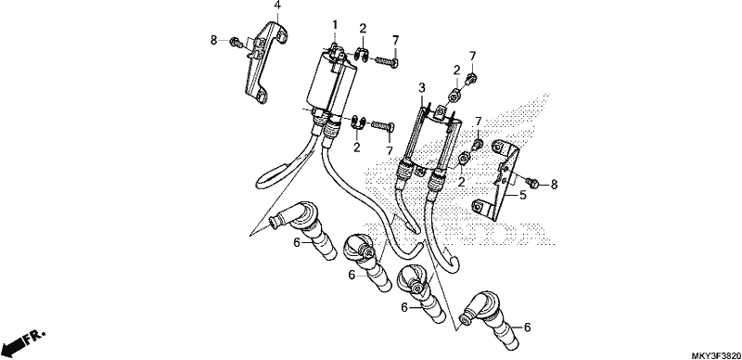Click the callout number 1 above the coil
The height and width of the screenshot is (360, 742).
point(335,25)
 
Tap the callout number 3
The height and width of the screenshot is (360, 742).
point(422,87)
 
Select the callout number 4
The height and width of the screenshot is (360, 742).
point(277,6)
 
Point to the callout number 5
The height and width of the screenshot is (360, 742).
point(523,195)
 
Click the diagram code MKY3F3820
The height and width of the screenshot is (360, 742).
point(715,355)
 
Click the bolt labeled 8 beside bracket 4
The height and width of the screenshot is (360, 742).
point(236,43)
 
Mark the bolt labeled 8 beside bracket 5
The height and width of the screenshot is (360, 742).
point(531,183)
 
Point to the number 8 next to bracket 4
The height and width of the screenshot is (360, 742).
point(214,41)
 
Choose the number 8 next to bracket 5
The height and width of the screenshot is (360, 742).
point(554,186)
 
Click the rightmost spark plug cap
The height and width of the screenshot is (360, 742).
point(492,320)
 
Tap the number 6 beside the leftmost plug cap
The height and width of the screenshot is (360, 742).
point(297,242)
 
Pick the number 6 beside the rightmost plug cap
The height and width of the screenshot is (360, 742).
point(528,327)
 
